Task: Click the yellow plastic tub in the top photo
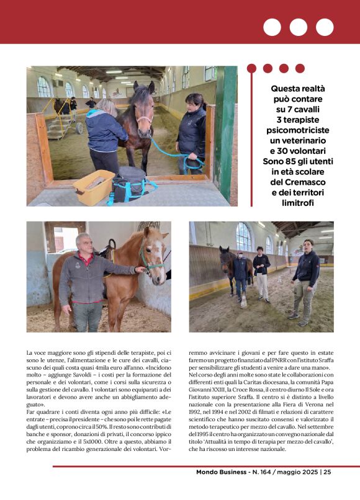[x=93, y=187]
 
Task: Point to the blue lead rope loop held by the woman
[x=192, y=162]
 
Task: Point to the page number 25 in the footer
[x=327, y=473]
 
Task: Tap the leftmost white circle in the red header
[x=272, y=27]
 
